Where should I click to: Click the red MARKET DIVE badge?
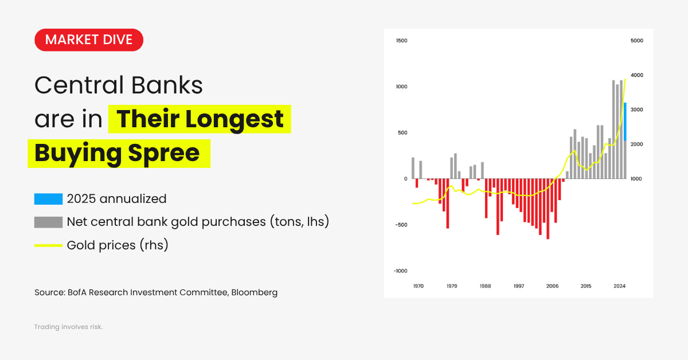coord(89,40)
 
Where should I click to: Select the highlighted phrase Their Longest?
coord(200,119)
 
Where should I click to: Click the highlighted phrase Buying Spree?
coord(118,153)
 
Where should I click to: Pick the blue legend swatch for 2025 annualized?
coord(48,199)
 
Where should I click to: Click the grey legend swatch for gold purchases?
coord(48,222)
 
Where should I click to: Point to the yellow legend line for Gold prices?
coord(48,245)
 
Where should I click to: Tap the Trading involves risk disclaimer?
coord(68,327)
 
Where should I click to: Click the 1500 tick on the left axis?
coord(401,41)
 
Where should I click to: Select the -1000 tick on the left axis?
coord(400,271)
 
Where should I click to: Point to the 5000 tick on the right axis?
coord(636,41)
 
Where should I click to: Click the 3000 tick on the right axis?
coord(636,109)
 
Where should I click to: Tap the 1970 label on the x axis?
coord(419,285)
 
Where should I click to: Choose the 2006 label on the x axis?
coord(552,285)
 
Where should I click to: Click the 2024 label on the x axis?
coord(619,285)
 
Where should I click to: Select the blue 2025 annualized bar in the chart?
coord(625,122)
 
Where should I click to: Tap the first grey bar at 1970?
coord(413,168)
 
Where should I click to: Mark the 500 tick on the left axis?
coord(402,132)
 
